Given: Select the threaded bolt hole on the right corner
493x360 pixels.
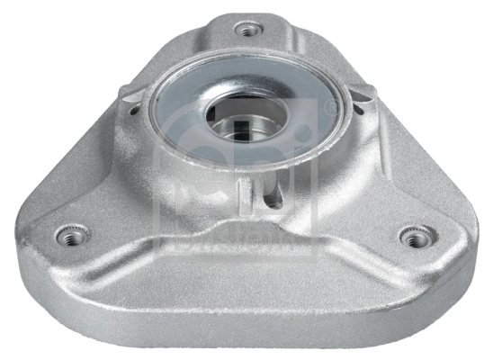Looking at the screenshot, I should pos(413,238).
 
